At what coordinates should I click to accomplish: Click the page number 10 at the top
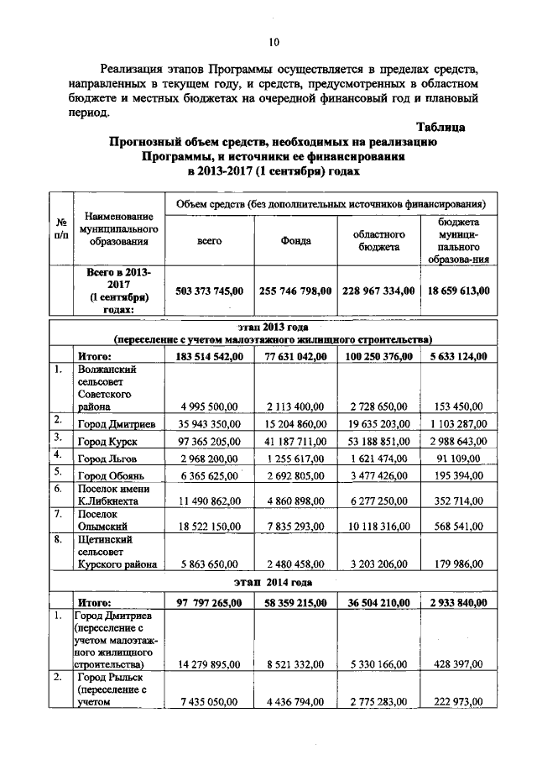click(274, 43)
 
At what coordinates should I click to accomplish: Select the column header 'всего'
click(209, 240)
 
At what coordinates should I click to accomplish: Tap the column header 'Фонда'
click(296, 240)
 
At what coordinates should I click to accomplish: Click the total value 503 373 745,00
click(209, 291)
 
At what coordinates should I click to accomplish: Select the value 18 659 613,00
click(456, 291)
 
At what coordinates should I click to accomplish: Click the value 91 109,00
click(456, 459)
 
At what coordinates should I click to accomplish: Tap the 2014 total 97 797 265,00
click(209, 602)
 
